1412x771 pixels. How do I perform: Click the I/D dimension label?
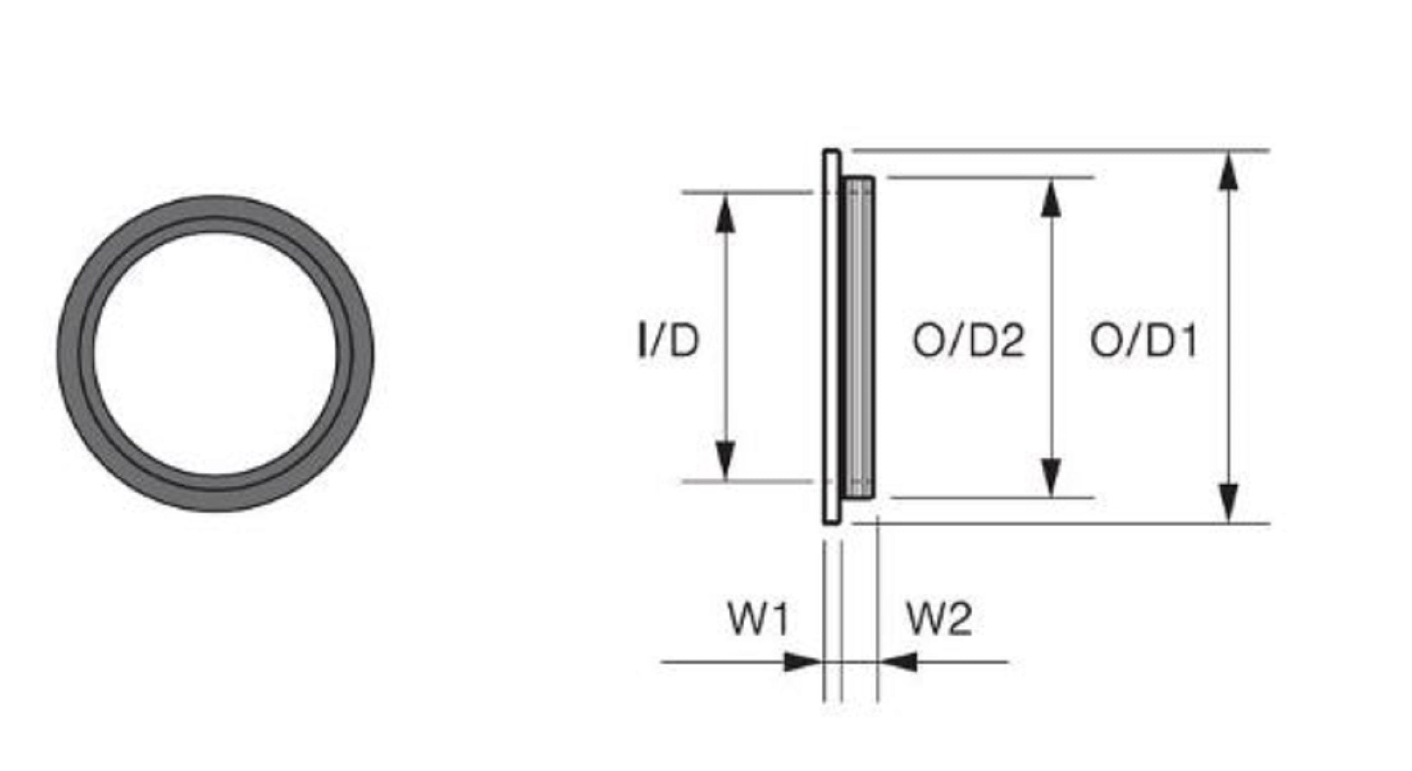pos(668,340)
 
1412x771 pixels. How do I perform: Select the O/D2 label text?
pos(968,340)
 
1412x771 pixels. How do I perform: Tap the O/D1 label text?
pos(1144,340)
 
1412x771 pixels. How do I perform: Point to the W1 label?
pos(758,618)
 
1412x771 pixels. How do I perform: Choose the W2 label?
pos(939,618)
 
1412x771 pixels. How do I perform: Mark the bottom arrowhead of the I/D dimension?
pos(726,460)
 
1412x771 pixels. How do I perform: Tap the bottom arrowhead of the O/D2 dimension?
pos(1052,477)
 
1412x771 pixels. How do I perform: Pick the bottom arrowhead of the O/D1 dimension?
pos(1229,503)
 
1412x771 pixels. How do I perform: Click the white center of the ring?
pos(215,353)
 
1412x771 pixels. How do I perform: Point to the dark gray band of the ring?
pos(76,353)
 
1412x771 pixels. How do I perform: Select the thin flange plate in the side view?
pos(832,339)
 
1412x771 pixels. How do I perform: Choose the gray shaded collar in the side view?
pos(860,339)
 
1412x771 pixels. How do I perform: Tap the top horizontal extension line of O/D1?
pos(1059,150)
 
